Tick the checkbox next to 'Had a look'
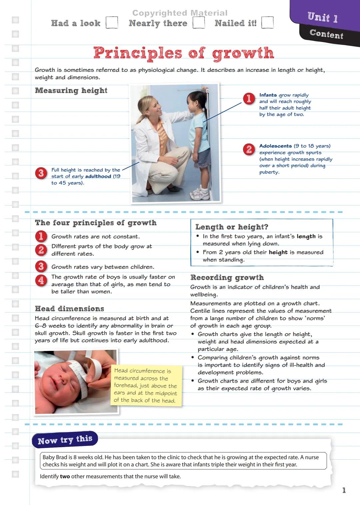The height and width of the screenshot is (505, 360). pyautogui.click(x=112, y=23)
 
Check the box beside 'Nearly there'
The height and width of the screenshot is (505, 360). pyautogui.click(x=199, y=23)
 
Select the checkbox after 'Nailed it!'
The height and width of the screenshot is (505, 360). pyautogui.click(x=267, y=23)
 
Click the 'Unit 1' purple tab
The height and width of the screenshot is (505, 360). pyautogui.click(x=322, y=17)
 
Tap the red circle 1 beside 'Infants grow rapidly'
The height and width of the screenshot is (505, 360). pyautogui.click(x=249, y=99)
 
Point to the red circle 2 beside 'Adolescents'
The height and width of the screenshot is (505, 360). pyautogui.click(x=249, y=149)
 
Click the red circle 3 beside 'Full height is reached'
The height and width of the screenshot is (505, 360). pyautogui.click(x=41, y=173)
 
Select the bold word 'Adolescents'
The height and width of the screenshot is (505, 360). pyautogui.click(x=275, y=146)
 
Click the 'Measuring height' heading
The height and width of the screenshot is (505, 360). pyautogui.click(x=71, y=91)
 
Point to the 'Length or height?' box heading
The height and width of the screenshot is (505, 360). pyautogui.click(x=232, y=227)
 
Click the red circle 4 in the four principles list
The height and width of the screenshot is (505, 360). pyautogui.click(x=41, y=280)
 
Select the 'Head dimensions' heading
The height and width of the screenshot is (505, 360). pyautogui.click(x=69, y=309)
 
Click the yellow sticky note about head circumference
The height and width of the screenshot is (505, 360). pyautogui.click(x=146, y=385)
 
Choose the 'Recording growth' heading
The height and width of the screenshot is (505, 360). pyautogui.click(x=227, y=278)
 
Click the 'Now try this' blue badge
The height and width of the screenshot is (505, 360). pyautogui.click(x=65, y=440)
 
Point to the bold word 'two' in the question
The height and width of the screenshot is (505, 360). pyautogui.click(x=65, y=476)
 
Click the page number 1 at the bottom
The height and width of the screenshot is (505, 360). pyautogui.click(x=344, y=490)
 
